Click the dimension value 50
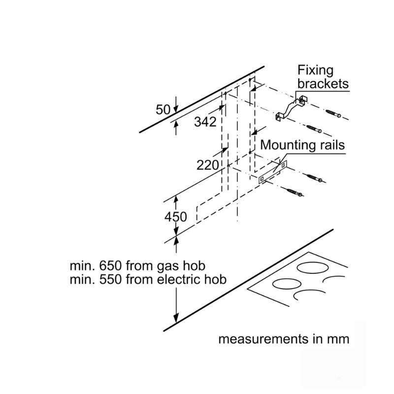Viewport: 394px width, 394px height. point(163,110)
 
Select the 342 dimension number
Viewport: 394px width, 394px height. point(205,122)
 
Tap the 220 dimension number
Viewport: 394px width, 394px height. point(207,165)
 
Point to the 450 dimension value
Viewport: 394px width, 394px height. point(176,217)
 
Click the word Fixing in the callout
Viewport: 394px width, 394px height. point(316,71)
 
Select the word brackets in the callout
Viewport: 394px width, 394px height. point(323,84)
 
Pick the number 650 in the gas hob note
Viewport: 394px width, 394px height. point(110,265)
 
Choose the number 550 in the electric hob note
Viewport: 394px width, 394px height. point(110,279)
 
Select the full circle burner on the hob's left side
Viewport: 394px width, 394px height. point(287,284)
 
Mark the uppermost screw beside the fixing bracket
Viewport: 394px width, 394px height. point(333,113)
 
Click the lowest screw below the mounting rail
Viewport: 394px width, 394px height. point(294,192)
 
